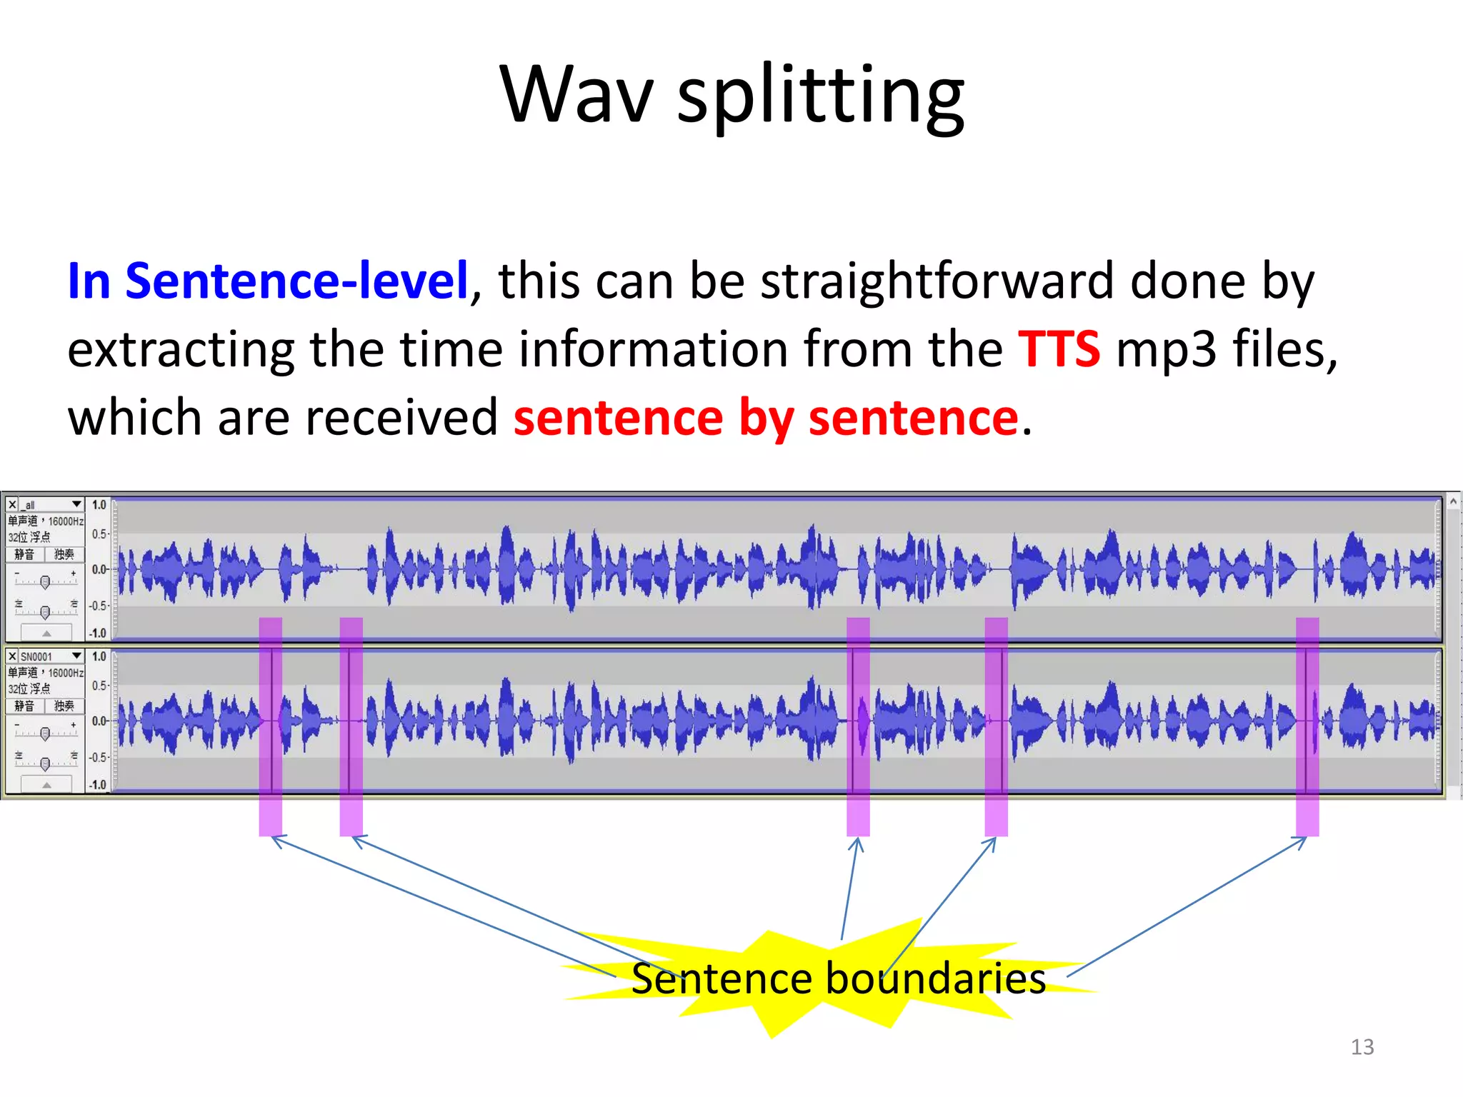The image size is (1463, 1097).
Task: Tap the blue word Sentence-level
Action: point(296,281)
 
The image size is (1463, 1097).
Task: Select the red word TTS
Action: point(1059,349)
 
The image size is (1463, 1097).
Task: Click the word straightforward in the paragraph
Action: point(937,281)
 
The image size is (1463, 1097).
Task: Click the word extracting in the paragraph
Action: point(180,349)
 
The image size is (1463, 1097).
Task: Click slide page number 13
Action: point(1362,1047)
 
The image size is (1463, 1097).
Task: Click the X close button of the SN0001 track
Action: point(12,656)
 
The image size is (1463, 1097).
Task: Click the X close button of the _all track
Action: point(12,505)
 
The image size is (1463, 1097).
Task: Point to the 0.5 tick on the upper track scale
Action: point(99,534)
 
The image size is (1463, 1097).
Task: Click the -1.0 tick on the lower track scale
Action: point(97,785)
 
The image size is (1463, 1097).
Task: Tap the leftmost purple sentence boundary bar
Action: point(270,725)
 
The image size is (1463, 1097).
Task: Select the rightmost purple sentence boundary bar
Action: point(1307,725)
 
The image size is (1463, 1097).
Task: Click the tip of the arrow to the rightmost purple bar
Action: point(1306,838)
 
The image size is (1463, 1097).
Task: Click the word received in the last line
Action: point(401,418)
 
